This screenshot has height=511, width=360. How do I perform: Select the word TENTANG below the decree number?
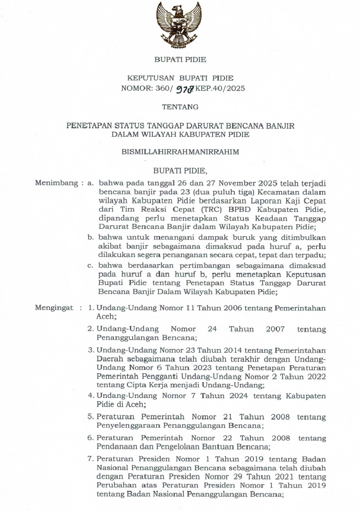[180, 107]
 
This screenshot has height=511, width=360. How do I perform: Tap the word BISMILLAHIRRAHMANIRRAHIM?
[180, 151]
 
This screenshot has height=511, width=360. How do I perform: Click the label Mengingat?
[55, 308]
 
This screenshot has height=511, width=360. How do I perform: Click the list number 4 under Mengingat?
[91, 396]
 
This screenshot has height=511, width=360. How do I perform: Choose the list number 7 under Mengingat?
[91, 459]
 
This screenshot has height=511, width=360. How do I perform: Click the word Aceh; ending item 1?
[106, 317]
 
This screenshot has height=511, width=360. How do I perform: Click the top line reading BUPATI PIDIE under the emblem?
[180, 60]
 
